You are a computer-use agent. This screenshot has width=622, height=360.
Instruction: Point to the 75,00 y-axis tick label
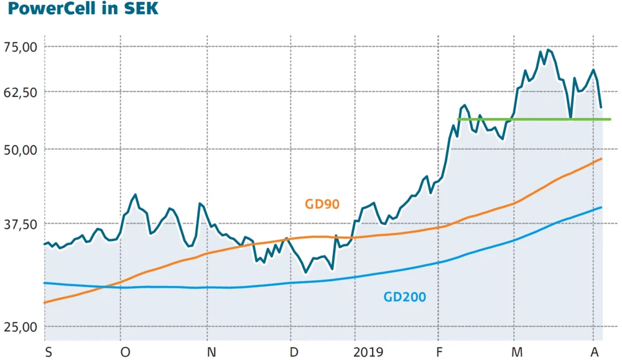(21, 47)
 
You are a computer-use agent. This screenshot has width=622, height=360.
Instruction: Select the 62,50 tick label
(21, 92)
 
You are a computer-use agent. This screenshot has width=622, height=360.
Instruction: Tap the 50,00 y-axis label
(21, 149)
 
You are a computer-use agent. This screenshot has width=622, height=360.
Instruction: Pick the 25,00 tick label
(21, 326)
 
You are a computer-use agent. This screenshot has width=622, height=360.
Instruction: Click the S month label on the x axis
(49, 352)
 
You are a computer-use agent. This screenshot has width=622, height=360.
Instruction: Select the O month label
(126, 352)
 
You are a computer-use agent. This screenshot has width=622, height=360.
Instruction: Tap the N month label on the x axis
(211, 352)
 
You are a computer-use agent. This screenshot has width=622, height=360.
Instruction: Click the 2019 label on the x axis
(369, 352)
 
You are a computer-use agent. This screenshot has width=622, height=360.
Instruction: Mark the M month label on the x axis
(516, 352)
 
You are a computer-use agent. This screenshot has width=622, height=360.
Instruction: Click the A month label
(595, 352)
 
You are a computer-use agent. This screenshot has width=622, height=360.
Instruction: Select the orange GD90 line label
(322, 204)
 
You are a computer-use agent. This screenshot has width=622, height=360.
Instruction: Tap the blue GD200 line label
(405, 297)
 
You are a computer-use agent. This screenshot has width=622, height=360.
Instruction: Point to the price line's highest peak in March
(547, 50)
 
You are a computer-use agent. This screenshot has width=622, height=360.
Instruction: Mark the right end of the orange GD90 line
(601, 159)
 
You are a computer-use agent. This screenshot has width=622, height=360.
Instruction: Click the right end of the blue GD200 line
(601, 207)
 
